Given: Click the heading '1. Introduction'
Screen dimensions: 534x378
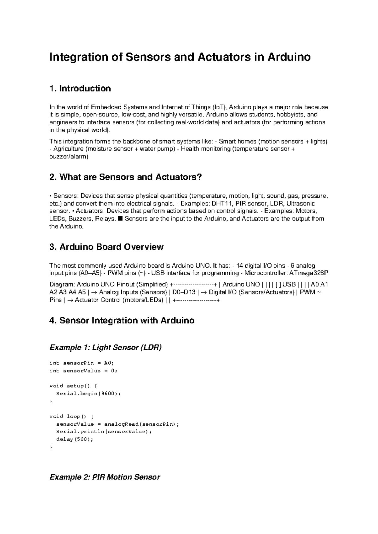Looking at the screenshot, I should (x=80, y=88).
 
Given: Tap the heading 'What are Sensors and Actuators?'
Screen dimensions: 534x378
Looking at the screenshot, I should (x=130, y=177).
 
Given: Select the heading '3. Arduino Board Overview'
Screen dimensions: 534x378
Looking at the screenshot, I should (x=106, y=247).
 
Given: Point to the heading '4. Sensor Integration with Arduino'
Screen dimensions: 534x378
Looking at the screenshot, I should (x=122, y=321).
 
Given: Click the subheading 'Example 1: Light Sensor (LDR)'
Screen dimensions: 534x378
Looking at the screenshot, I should (x=106, y=348).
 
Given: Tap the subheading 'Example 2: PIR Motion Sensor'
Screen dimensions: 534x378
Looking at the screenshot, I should (x=105, y=477).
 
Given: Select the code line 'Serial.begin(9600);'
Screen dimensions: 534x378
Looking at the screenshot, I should (x=88, y=394).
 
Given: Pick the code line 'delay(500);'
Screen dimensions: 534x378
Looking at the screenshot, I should (x=75, y=439).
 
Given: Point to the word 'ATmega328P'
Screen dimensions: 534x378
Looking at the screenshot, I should (x=312, y=273).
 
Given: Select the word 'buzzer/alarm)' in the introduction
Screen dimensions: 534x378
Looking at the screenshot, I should (x=69, y=156).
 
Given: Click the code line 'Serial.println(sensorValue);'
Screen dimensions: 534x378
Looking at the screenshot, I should (x=104, y=432).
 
